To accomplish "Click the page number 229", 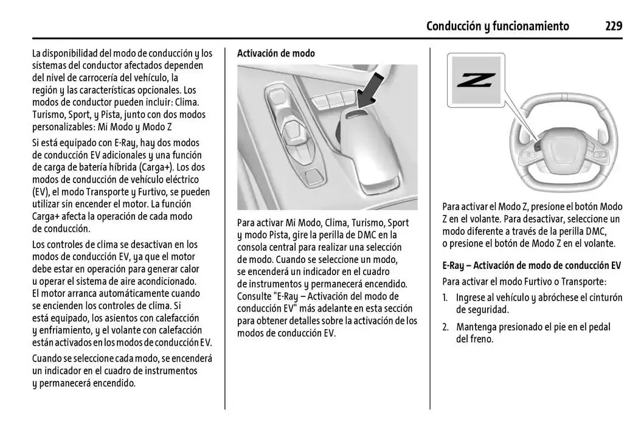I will (613, 26).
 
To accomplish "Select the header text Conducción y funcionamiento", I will (497, 26).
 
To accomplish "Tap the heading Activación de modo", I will (275, 54).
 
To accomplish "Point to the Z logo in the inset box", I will (476, 80).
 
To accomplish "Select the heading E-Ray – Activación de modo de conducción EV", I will (531, 265).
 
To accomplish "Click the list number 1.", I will (445, 298).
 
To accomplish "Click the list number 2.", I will (445, 327).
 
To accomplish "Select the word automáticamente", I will (131, 293).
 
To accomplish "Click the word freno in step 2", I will (480, 339).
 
